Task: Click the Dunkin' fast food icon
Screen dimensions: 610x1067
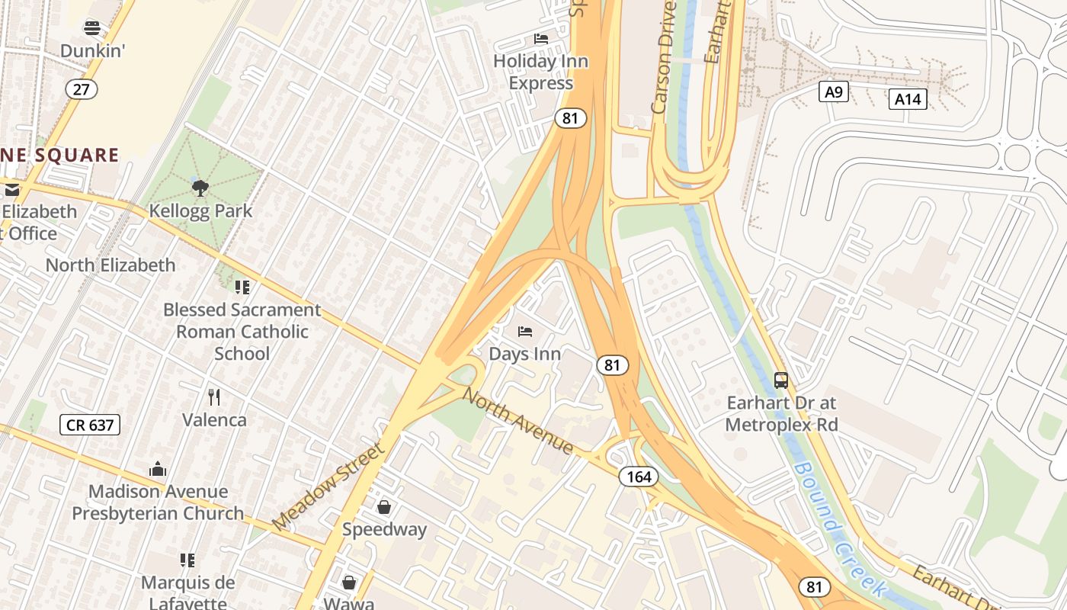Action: coord(92,28)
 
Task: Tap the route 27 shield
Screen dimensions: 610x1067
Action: coord(82,89)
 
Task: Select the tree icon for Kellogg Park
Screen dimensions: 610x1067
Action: coord(200,188)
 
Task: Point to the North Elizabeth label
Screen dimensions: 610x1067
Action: coord(111,265)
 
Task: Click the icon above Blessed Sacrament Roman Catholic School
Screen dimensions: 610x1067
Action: coord(242,287)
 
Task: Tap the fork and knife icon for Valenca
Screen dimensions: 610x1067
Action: coord(214,397)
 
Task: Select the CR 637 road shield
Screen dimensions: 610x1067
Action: coord(90,425)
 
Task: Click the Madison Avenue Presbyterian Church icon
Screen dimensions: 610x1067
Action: coord(158,469)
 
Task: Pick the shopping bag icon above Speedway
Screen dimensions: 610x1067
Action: coord(384,507)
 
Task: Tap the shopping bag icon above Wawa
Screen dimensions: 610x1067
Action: coord(349,583)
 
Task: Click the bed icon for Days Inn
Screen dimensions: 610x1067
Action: coord(525,332)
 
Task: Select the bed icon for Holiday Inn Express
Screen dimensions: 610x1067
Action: coord(541,39)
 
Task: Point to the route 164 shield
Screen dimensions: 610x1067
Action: coord(638,477)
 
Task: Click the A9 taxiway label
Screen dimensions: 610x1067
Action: coord(834,92)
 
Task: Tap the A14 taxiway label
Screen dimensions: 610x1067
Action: coord(907,98)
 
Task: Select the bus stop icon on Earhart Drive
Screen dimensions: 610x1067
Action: coord(781,380)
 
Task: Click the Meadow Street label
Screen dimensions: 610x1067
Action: coord(329,486)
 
